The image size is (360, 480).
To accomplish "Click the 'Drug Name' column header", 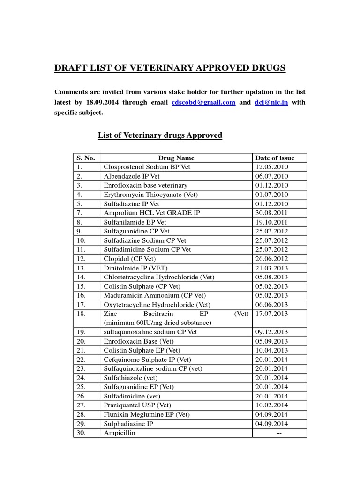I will coord(176,158).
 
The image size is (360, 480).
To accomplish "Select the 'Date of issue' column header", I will coord(274,158).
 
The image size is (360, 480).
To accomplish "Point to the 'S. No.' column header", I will coord(86,158).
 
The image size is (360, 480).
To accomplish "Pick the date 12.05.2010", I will coord(271,167).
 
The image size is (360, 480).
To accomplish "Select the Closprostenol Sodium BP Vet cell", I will coord(147,167).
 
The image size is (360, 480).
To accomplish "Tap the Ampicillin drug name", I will coord(119,433).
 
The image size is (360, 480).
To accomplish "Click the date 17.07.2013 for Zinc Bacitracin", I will coord(271,314).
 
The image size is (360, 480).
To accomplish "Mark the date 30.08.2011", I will coord(271,213).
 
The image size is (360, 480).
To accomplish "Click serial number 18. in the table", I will coord(82,314).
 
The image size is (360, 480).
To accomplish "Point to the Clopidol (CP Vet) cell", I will coord(130,259).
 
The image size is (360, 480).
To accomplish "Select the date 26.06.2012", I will coord(271,259).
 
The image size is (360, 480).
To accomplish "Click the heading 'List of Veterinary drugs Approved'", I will coord(160,135).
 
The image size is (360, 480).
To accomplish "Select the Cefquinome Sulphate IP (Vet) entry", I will coord(147,360).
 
